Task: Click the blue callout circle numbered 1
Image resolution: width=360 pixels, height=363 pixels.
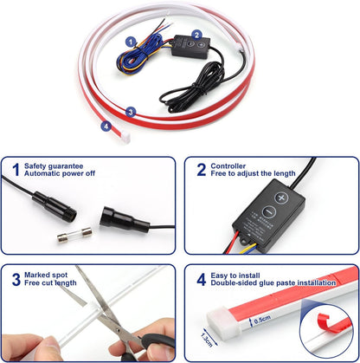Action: (131, 42)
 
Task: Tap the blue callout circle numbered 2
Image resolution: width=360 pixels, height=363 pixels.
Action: (196, 35)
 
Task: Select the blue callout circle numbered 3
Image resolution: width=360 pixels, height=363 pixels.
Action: (131, 112)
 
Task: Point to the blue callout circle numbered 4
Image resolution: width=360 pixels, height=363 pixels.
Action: (106, 126)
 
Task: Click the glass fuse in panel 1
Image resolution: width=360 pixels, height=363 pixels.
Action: (74, 234)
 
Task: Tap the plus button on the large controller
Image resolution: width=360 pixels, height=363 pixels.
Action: (281, 198)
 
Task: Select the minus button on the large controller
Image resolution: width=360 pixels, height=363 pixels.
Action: (269, 212)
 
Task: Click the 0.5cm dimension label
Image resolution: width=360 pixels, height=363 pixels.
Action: (262, 319)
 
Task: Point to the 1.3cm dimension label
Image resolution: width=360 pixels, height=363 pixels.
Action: (207, 340)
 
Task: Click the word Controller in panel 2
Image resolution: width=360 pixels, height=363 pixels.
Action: (228, 166)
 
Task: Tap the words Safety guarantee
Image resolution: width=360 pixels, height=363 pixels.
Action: (54, 166)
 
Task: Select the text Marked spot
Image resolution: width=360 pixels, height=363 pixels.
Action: (46, 275)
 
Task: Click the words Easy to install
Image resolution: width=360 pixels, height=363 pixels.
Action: (235, 275)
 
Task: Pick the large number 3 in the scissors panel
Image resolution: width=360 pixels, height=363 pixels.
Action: (16, 279)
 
